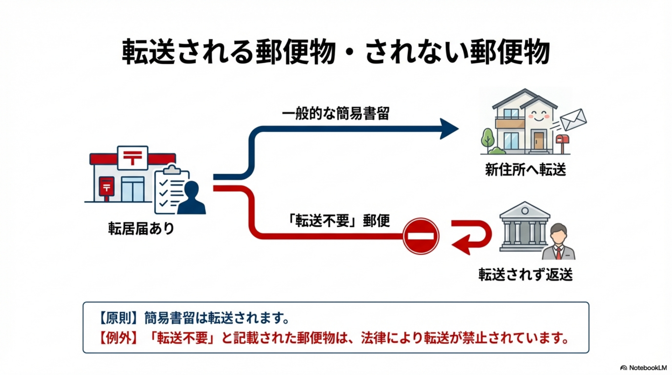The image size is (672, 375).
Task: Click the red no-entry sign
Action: coord(421,236)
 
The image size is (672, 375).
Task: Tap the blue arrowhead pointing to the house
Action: coord(448,129)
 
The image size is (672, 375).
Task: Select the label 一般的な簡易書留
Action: coord(336,114)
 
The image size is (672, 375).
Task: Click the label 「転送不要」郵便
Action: coord(338,221)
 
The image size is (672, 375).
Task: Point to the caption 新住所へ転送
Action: coord(525,170)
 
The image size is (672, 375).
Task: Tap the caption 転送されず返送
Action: coord(525,275)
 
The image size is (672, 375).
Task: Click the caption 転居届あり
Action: coord(141,229)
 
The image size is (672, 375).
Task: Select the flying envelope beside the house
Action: coord(573,120)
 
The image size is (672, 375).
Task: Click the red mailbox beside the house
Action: coord(562,140)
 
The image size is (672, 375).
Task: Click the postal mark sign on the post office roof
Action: coord(133,157)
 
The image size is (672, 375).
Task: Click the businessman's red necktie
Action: coord(559,253)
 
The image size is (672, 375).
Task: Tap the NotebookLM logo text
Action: coord(647,368)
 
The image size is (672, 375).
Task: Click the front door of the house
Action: coord(539,141)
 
